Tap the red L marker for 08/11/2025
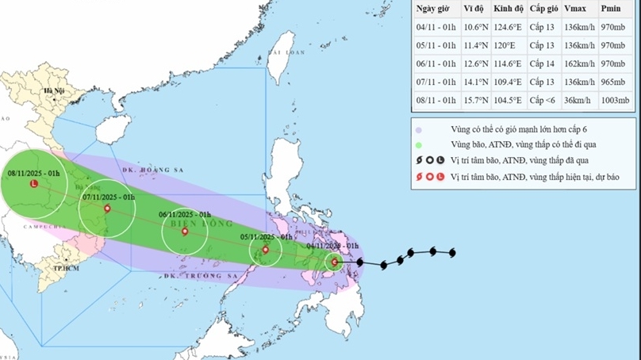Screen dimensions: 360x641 click(33, 184)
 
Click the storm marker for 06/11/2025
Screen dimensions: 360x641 click(185, 232)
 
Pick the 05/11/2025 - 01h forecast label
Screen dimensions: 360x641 click(267, 237)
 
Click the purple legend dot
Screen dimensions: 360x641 click(418, 128)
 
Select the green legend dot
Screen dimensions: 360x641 click(418, 144)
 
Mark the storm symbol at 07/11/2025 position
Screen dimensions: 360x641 click(107, 209)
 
